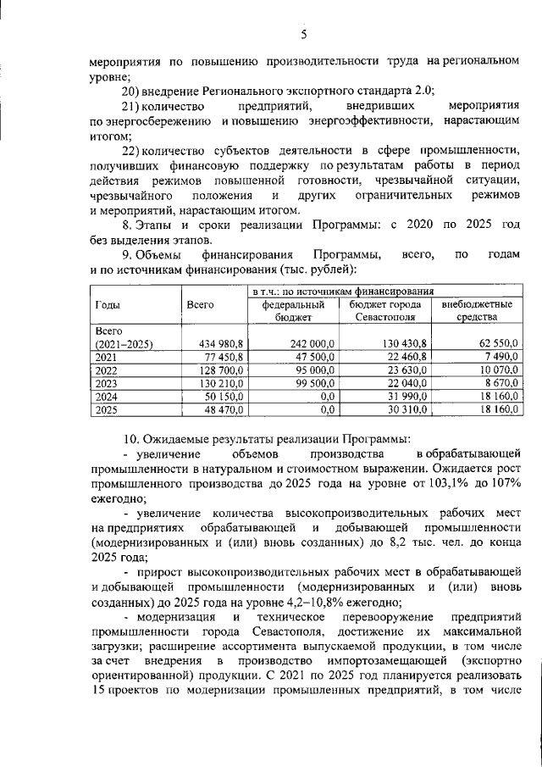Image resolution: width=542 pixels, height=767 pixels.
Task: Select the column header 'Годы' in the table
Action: point(107,304)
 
